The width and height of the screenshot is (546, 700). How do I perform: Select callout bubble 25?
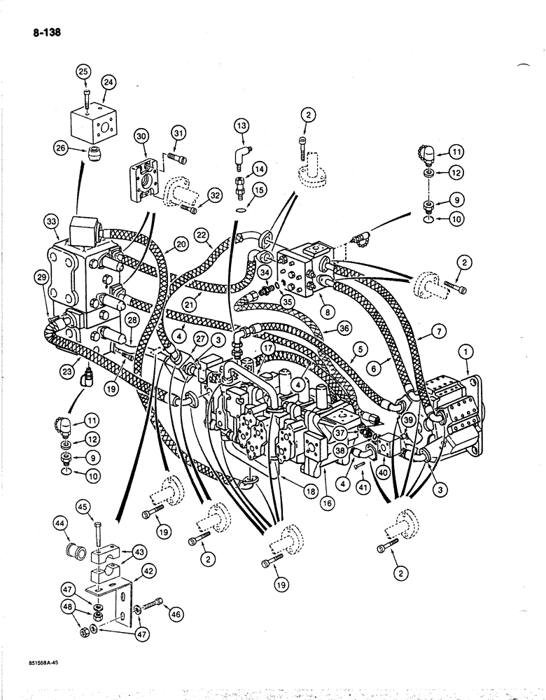[83, 72]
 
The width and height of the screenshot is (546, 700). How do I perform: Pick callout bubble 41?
[362, 484]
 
